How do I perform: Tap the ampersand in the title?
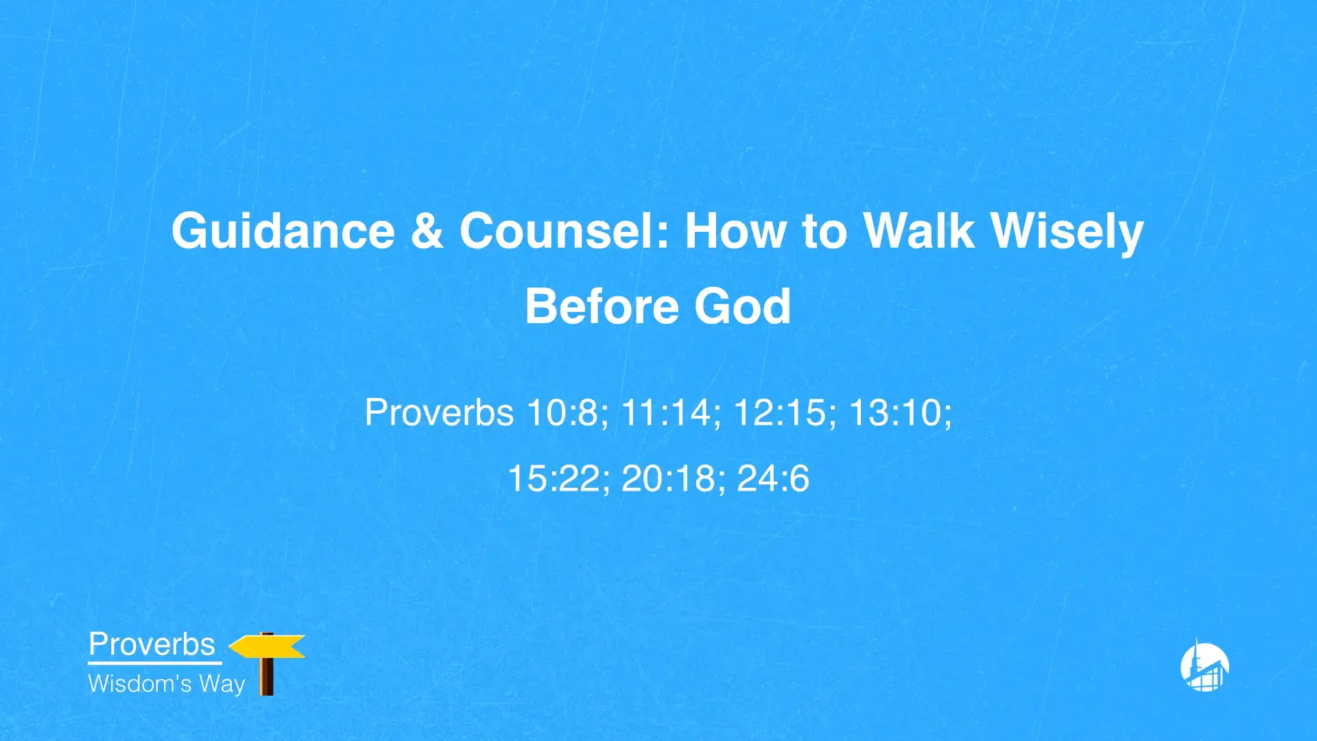(427, 231)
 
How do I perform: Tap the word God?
(742, 306)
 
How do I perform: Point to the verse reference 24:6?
(773, 478)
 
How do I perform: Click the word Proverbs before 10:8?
(439, 413)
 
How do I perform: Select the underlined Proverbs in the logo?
(152, 644)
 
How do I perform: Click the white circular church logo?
(1205, 666)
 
